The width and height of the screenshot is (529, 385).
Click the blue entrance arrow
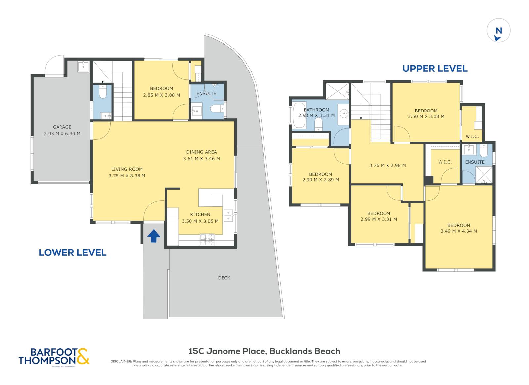(x=154, y=236)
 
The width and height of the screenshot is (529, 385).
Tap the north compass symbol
(x=499, y=30)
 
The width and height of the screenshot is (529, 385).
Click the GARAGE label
(x=62, y=127)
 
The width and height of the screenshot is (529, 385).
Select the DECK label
(x=224, y=278)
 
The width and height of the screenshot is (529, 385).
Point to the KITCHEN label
(x=200, y=215)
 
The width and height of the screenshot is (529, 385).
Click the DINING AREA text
(x=201, y=152)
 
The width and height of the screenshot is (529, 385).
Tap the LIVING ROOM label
(x=127, y=169)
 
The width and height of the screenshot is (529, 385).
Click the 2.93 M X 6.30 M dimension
(x=62, y=134)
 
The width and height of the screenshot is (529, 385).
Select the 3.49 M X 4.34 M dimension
(x=459, y=231)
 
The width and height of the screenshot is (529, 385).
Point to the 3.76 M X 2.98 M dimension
(x=387, y=165)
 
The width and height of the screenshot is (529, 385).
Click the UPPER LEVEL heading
(x=435, y=69)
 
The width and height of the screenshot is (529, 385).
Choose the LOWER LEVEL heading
(x=72, y=253)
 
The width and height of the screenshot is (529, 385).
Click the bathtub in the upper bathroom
(x=300, y=115)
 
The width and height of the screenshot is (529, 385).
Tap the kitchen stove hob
(x=207, y=240)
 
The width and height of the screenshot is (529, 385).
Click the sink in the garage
(x=83, y=66)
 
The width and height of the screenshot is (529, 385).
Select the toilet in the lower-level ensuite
(x=217, y=109)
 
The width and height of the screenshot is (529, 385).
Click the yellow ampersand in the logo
(x=83, y=357)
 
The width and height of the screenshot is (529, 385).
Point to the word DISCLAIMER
(x=121, y=361)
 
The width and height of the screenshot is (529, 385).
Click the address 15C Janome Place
(x=228, y=351)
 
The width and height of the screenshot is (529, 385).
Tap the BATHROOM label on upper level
(x=316, y=110)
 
